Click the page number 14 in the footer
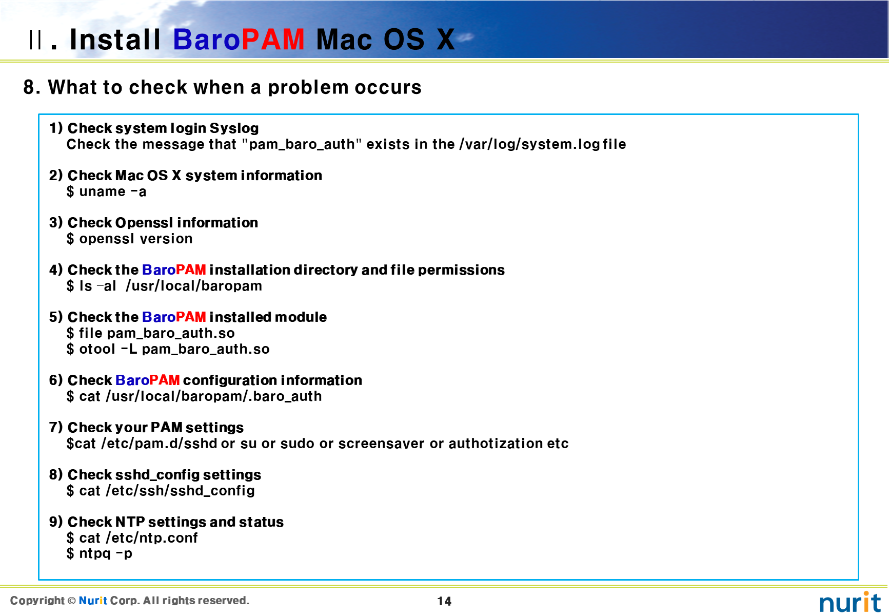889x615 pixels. click(444, 601)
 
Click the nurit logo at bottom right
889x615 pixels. click(850, 602)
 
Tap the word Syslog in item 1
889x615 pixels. click(234, 128)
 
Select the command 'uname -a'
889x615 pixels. click(112, 191)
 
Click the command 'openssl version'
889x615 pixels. click(136, 239)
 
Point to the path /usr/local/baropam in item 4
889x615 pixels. click(194, 286)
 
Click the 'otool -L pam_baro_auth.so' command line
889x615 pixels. click(174, 349)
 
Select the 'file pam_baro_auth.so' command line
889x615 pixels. click(157, 333)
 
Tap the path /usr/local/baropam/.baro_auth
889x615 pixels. click(214, 396)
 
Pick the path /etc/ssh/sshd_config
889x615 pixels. click(180, 491)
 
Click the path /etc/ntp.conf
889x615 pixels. click(151, 538)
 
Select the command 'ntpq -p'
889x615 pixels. click(106, 553)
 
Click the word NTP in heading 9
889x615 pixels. click(130, 522)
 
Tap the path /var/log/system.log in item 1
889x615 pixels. click(529, 144)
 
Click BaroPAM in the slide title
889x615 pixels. click(239, 40)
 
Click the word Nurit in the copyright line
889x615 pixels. click(93, 601)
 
